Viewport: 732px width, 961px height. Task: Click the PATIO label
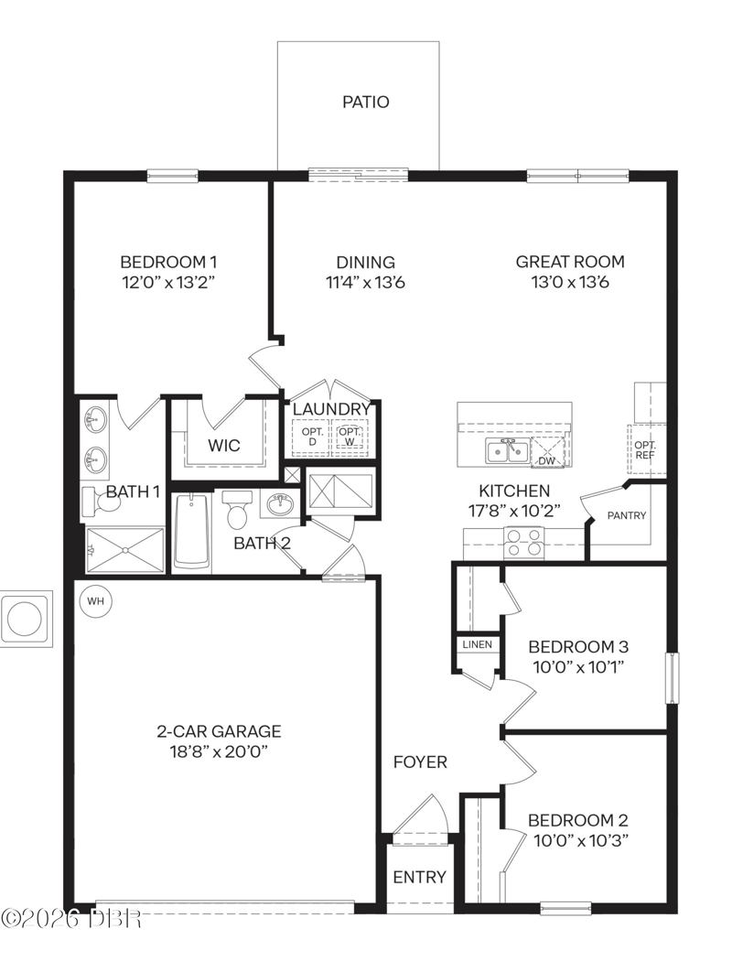(x=366, y=102)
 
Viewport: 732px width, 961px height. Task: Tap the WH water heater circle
(x=95, y=600)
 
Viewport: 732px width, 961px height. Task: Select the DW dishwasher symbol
(x=546, y=452)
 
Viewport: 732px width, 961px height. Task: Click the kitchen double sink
(x=507, y=452)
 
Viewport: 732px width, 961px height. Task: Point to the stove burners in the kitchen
(x=523, y=543)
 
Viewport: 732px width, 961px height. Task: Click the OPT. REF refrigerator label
(x=645, y=450)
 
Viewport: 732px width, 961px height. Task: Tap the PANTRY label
(x=627, y=515)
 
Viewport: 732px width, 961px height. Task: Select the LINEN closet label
(x=478, y=644)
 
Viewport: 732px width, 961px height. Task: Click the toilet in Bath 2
(x=236, y=509)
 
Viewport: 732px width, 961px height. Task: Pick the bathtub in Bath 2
(x=192, y=532)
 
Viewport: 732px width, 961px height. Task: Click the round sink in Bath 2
(x=281, y=505)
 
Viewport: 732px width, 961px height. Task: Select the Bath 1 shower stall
(x=125, y=550)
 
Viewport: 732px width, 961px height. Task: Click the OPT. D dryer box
(x=311, y=437)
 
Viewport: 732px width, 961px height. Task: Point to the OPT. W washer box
(x=350, y=437)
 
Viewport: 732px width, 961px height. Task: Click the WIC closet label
(x=224, y=446)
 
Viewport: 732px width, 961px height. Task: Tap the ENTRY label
(x=420, y=878)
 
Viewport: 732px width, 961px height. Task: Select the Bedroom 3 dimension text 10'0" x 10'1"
(x=578, y=667)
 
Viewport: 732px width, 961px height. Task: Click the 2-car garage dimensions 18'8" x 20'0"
(x=220, y=751)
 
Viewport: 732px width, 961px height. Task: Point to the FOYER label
(x=420, y=761)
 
